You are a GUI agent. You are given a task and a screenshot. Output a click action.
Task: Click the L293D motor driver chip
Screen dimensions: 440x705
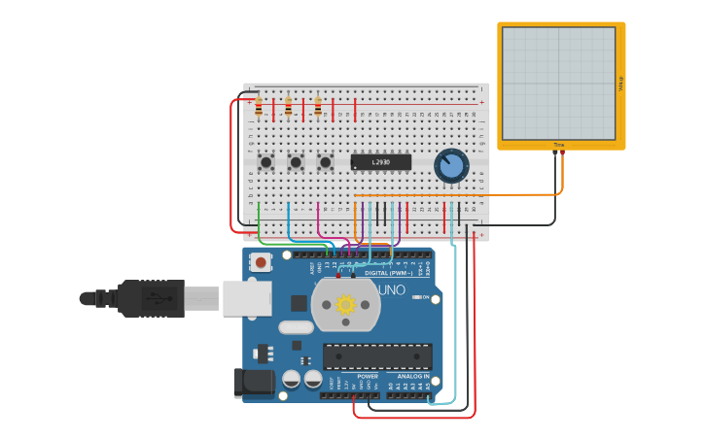(380, 162)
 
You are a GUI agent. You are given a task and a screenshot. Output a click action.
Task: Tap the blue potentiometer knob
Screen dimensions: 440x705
(451, 165)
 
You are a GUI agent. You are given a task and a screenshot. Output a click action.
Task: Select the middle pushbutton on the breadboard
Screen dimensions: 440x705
(296, 162)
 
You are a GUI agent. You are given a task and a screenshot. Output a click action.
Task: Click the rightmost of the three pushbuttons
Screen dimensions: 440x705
(326, 162)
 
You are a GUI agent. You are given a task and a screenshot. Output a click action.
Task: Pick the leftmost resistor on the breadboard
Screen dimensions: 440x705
(259, 107)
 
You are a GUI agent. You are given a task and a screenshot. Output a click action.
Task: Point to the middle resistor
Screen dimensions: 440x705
(289, 107)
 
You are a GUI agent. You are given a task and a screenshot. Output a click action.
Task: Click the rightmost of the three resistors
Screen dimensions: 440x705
(318, 107)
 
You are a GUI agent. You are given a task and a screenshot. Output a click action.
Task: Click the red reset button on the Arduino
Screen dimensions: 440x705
(260, 261)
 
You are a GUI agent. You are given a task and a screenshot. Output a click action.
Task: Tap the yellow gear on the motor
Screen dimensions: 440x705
(345, 305)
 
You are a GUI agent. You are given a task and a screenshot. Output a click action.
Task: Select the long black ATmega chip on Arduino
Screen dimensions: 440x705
(377, 356)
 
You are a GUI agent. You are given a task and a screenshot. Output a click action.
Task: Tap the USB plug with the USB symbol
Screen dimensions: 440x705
(151, 298)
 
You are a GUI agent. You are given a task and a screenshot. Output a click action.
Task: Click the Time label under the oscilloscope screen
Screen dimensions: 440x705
(559, 145)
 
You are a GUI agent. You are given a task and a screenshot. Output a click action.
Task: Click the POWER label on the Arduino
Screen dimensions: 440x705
(368, 376)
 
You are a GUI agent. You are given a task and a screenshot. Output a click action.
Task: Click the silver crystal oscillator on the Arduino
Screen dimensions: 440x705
(296, 327)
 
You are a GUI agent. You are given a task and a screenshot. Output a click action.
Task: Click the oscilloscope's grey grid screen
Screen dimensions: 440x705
(558, 83)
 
